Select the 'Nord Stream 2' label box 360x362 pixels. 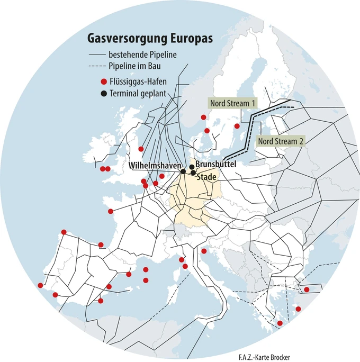click(x=281, y=141)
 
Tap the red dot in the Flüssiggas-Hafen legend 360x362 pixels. click(x=103, y=82)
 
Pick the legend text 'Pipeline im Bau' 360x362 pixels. click(x=134, y=66)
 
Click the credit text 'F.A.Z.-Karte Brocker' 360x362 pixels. click(x=264, y=357)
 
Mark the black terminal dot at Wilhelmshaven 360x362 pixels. click(x=183, y=171)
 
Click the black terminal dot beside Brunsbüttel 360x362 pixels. click(x=191, y=166)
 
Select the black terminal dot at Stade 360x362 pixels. click(x=194, y=173)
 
